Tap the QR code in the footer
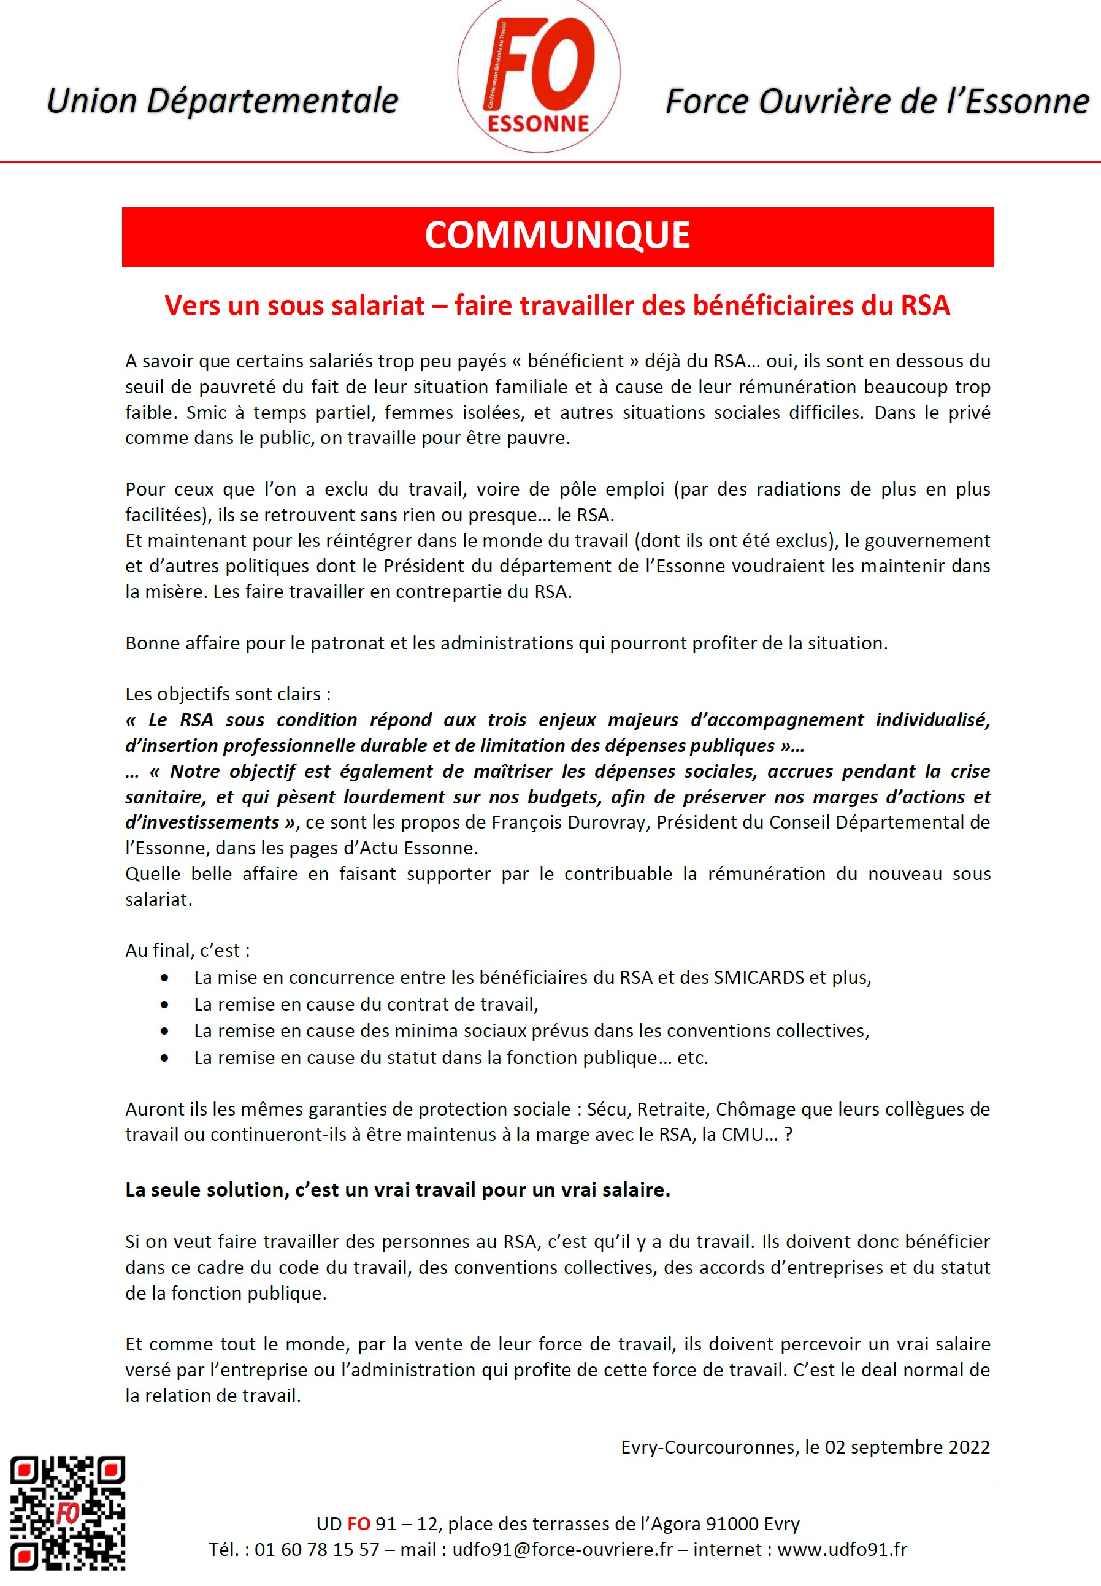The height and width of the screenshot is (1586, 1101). (67, 1512)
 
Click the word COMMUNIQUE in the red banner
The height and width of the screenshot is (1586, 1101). (558, 236)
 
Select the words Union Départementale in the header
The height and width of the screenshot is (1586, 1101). (222, 101)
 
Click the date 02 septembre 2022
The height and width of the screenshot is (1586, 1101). (907, 1447)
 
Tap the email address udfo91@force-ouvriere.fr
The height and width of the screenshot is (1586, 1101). (562, 1549)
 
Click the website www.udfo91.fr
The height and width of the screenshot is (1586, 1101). (842, 1549)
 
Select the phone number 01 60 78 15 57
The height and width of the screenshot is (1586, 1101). (316, 1549)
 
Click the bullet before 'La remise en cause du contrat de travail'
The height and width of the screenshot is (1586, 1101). (164, 1005)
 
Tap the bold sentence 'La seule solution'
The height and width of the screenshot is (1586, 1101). (397, 1190)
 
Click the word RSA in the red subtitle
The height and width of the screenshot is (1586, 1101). (925, 305)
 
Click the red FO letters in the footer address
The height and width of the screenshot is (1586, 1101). (359, 1523)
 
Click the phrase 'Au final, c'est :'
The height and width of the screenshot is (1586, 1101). (188, 950)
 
